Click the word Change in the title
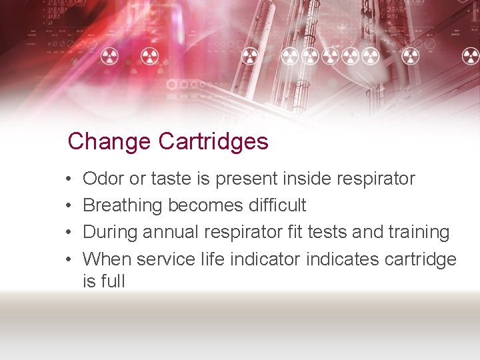[x=109, y=142]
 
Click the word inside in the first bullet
[x=309, y=179]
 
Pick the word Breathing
[x=123, y=205]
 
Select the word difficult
[x=274, y=205]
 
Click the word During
[x=111, y=232]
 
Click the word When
[x=107, y=259]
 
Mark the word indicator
[x=265, y=259]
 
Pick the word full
[x=113, y=281]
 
